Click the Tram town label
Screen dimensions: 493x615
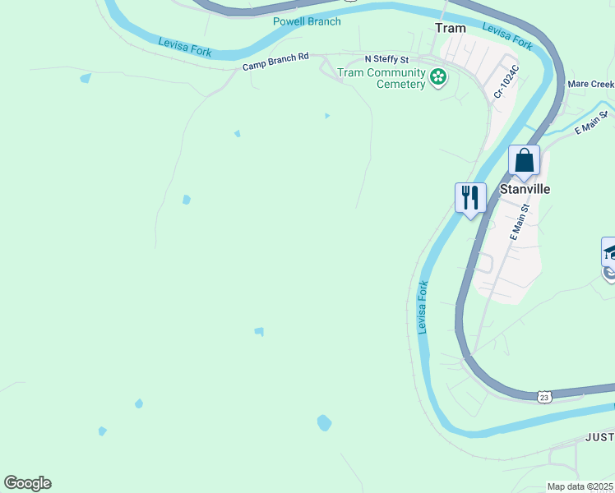[450, 28]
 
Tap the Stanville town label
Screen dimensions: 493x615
[525, 189]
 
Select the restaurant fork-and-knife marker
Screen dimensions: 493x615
[470, 198]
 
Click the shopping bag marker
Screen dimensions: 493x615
[524, 160]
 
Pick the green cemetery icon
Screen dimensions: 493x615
[438, 78]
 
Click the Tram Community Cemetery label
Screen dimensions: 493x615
[381, 78]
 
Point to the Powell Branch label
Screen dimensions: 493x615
[307, 21]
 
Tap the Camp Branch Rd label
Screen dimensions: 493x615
[275, 62]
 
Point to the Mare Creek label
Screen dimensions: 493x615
[590, 85]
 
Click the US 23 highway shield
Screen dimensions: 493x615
[544, 397]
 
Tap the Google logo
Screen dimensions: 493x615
[27, 483]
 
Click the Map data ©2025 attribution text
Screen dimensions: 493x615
[580, 486]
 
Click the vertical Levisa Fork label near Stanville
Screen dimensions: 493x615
[423, 307]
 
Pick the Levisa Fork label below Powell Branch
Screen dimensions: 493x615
[184, 48]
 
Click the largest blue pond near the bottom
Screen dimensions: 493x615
[324, 423]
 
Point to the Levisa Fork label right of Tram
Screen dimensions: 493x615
[507, 37]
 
